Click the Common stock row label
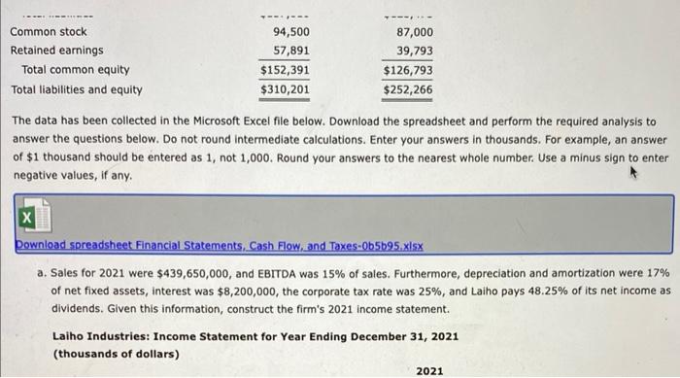[49, 32]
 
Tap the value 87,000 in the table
[414, 32]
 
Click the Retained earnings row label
[56, 51]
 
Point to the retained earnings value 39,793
[414, 51]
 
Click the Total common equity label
[76, 70]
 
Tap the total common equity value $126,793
[408, 70]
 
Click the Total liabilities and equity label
[76, 90]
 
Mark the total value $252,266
[408, 90]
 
